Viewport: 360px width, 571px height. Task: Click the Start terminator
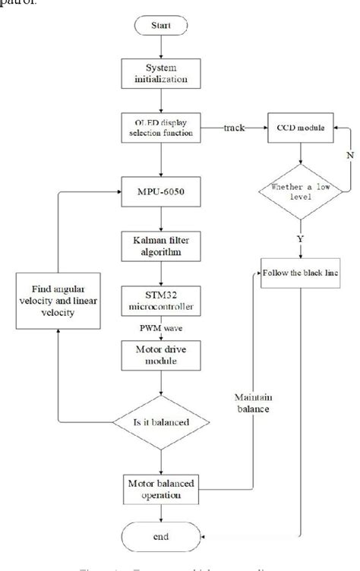[x=160, y=26]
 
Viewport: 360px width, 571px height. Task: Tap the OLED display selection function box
[x=160, y=125]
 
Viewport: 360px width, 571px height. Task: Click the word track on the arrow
[x=233, y=127]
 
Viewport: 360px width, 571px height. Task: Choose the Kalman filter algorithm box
[x=160, y=245]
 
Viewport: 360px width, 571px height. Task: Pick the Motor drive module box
[x=160, y=354]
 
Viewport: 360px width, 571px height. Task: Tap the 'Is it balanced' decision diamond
[x=160, y=419]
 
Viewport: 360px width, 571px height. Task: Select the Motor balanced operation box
[x=160, y=486]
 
